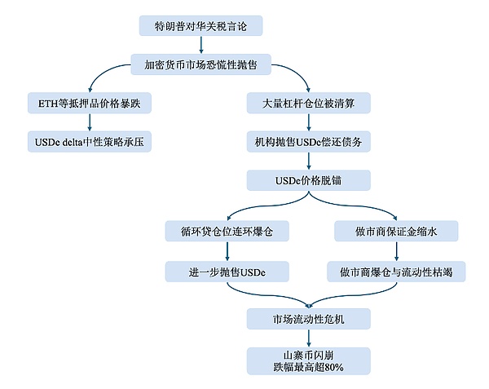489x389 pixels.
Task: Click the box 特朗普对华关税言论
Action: coord(200,26)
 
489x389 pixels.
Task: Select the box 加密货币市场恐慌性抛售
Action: coord(200,64)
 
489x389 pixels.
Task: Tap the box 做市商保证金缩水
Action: coord(397,232)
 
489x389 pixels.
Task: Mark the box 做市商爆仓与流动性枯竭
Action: coord(397,271)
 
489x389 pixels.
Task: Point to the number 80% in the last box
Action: coord(331,368)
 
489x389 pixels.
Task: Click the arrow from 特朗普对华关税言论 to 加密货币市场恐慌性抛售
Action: coord(200,46)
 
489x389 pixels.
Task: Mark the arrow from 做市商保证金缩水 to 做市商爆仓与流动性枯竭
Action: coord(397,251)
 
